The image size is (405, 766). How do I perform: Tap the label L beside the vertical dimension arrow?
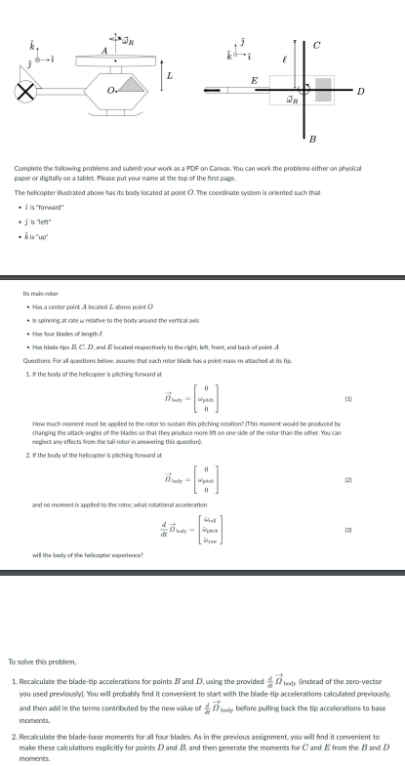(170, 74)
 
